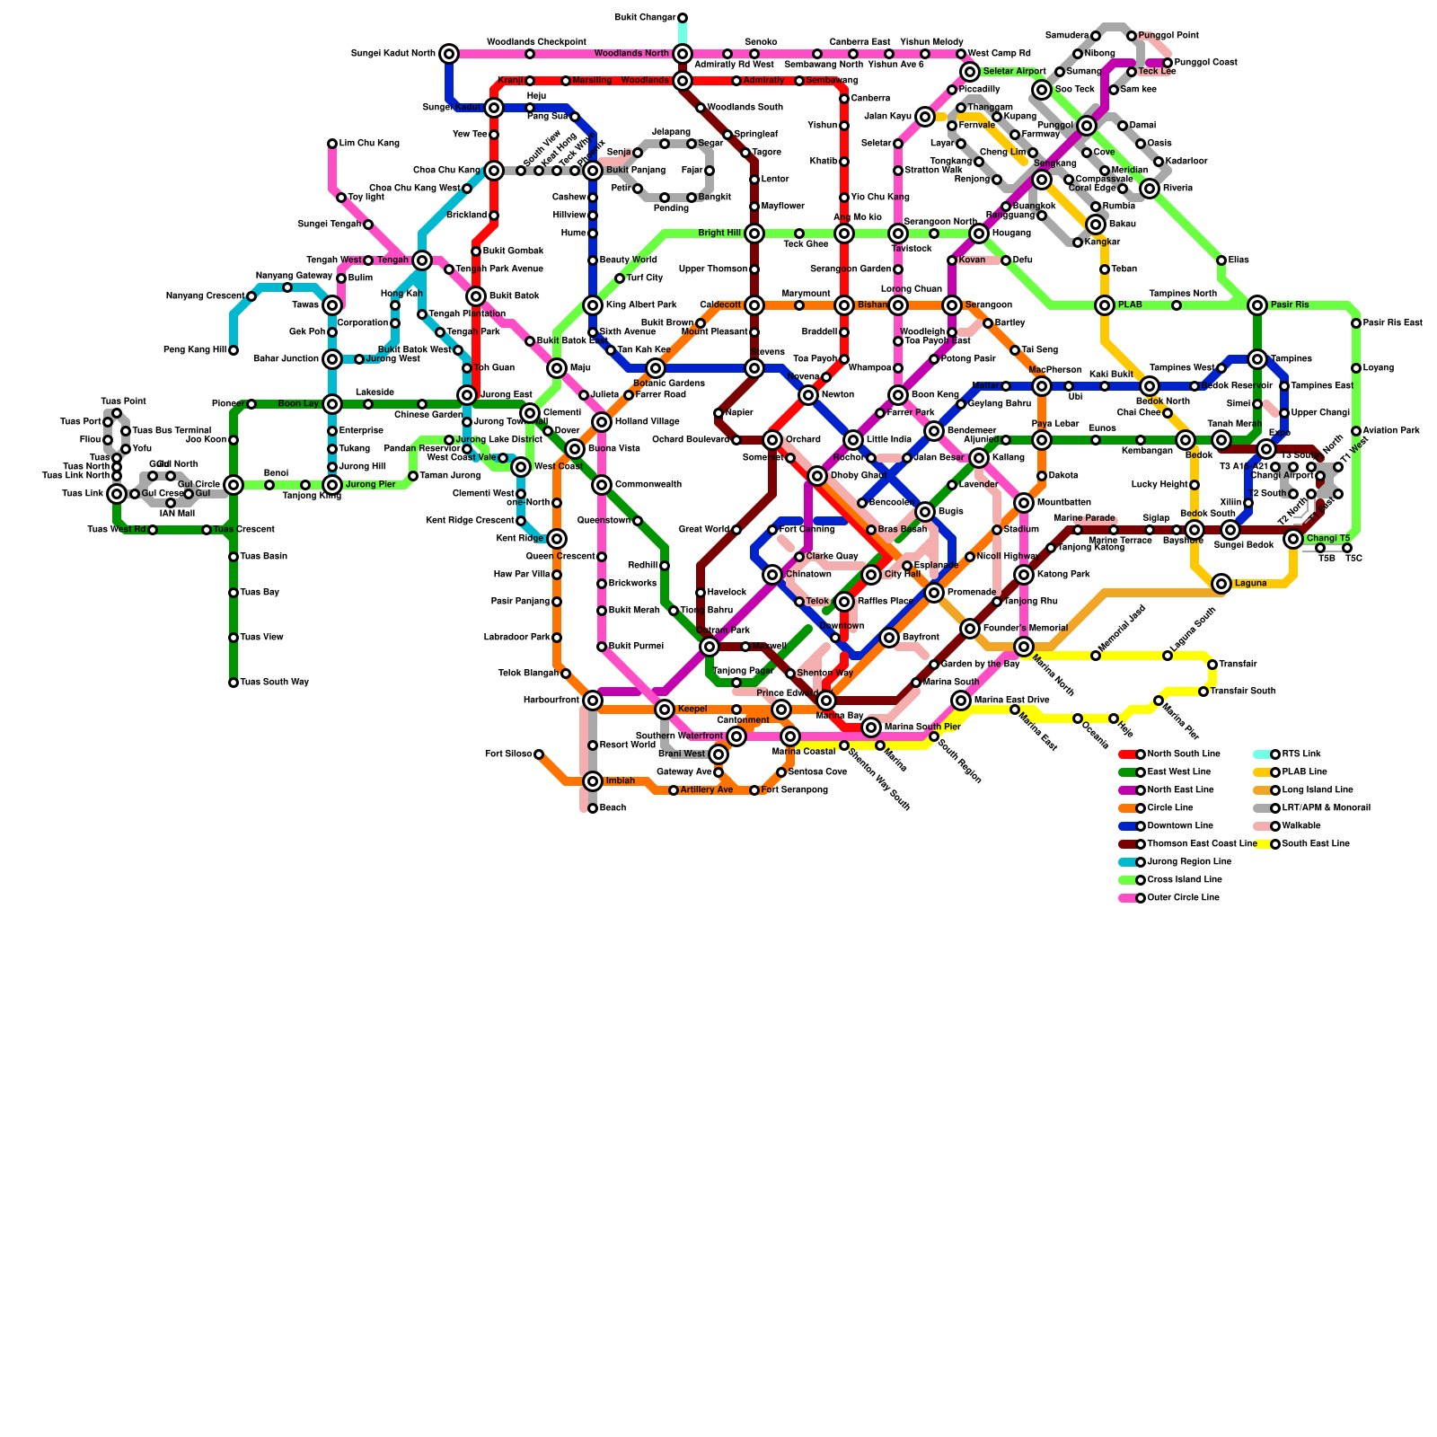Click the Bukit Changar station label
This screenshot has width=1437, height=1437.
point(646,18)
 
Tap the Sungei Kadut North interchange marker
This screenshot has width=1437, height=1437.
point(449,54)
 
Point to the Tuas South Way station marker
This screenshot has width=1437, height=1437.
point(234,683)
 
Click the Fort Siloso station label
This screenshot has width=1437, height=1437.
point(508,754)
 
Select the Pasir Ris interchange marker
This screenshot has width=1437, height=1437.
point(1257,305)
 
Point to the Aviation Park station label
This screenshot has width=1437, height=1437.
point(1391,431)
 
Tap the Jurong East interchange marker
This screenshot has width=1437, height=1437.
point(467,395)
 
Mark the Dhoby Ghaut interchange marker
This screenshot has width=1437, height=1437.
point(817,476)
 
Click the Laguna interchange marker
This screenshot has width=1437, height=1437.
point(1221,584)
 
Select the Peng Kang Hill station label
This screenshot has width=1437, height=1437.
point(194,350)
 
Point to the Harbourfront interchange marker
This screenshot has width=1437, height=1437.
point(593,701)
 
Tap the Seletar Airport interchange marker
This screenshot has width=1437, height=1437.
point(970,72)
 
